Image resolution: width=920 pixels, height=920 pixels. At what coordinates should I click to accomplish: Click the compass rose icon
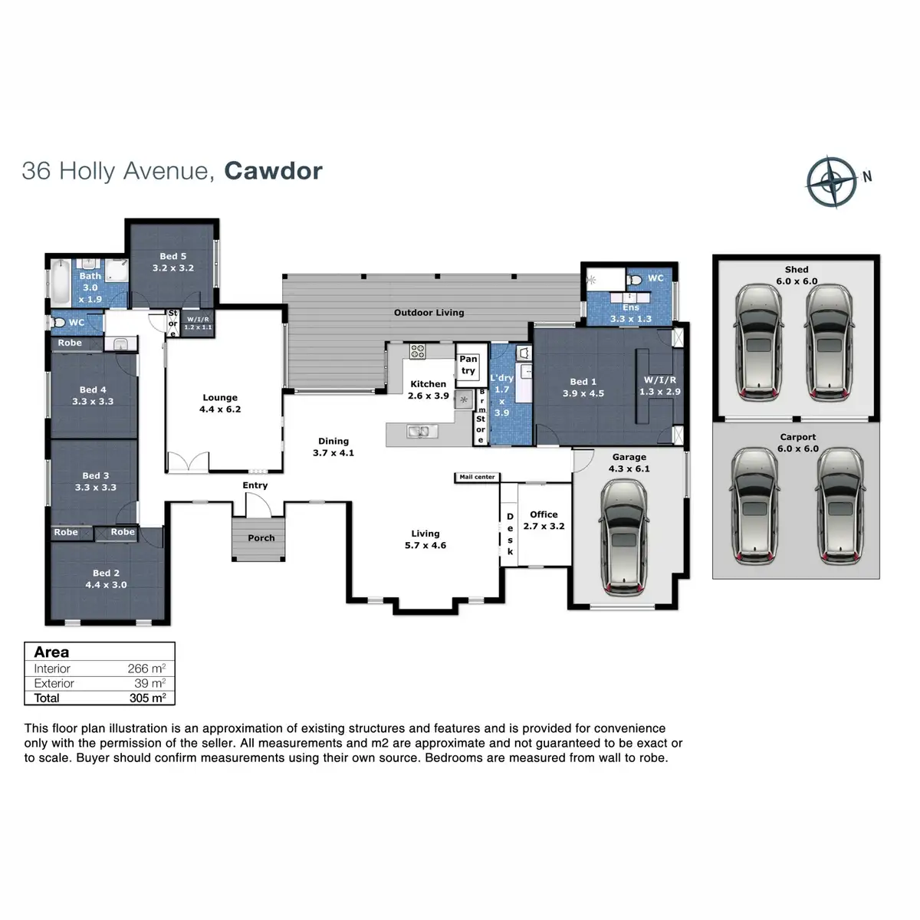tap(831, 182)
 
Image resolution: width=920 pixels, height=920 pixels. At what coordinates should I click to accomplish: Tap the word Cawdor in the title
tap(273, 170)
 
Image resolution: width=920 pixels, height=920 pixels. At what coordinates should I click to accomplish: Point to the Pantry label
tap(468, 365)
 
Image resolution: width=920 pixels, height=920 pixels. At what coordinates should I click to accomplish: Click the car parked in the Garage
tap(628, 536)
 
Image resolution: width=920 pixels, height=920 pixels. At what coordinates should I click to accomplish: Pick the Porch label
tap(261, 538)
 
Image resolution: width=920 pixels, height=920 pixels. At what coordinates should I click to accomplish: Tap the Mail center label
tap(477, 477)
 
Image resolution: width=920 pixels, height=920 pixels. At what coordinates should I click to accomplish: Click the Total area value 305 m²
tap(147, 698)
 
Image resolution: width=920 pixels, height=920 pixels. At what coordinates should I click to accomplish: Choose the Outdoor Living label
tap(429, 313)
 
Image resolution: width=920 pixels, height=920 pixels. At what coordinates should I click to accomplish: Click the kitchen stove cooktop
tap(418, 352)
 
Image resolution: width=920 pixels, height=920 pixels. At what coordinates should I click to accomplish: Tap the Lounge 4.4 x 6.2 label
tap(220, 403)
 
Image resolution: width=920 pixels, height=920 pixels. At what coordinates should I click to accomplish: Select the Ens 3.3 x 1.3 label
tap(630, 314)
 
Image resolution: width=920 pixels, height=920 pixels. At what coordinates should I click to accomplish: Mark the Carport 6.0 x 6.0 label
tap(797, 443)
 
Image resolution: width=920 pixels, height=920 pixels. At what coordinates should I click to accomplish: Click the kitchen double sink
tap(418, 432)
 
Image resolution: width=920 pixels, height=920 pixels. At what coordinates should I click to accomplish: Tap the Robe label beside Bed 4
tap(70, 343)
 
